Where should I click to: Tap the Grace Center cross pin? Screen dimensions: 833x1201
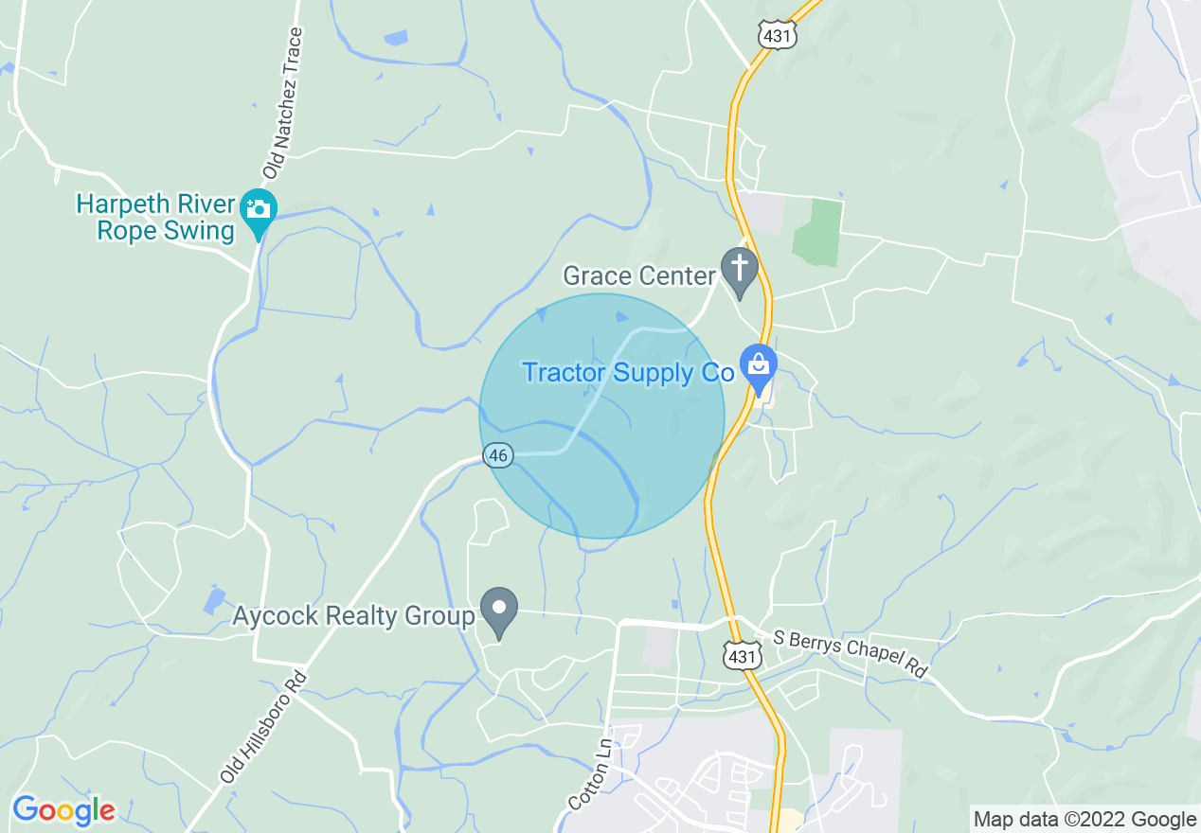click(739, 267)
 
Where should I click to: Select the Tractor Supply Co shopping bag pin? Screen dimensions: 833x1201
click(758, 365)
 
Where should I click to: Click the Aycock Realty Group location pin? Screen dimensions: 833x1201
click(499, 608)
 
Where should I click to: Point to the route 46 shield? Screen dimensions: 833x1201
click(498, 455)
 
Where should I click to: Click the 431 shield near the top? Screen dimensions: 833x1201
click(777, 35)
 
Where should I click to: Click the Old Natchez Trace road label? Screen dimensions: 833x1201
click(284, 104)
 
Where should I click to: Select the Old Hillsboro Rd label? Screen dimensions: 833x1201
click(263, 727)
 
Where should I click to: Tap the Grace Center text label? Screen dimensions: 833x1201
click(638, 275)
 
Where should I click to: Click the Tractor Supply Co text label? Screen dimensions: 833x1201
click(628, 373)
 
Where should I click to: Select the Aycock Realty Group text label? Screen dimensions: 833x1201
click(353, 617)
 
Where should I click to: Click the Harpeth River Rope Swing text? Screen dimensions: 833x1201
click(155, 218)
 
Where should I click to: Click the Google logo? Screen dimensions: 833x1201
click(63, 810)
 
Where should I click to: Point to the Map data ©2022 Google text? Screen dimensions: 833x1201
click(1085, 820)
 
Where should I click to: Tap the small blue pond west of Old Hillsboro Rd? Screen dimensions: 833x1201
click(214, 599)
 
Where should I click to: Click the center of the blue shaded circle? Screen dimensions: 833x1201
click(601, 416)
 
